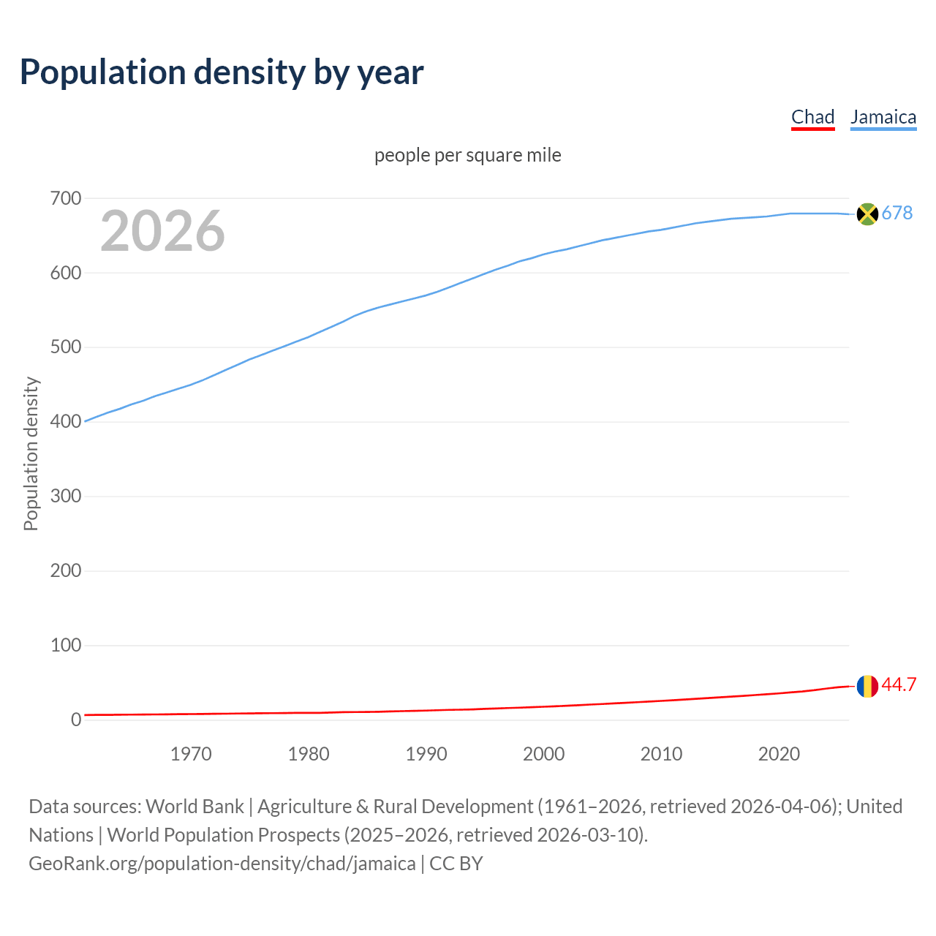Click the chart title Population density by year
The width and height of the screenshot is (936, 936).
tap(222, 72)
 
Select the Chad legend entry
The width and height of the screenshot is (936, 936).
tap(812, 117)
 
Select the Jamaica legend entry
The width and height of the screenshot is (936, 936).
tap(883, 117)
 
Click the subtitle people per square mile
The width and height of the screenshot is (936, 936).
tap(467, 155)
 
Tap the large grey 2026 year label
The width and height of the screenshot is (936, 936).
tap(162, 231)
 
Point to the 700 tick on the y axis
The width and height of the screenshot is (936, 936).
tap(65, 198)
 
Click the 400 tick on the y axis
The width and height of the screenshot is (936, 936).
tap(65, 422)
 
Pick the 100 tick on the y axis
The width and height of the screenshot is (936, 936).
tap(65, 645)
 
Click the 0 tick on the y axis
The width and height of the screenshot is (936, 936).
tap(75, 720)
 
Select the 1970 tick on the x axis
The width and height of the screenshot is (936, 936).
tap(191, 754)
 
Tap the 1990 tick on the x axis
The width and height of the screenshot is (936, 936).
tap(426, 754)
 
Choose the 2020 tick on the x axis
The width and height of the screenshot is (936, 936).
tap(779, 754)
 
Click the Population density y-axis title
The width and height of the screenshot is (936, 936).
tap(31, 453)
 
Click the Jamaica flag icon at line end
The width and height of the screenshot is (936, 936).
tap(867, 214)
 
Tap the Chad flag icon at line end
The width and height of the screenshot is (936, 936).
tap(867, 686)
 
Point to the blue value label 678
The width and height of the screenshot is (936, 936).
tap(897, 213)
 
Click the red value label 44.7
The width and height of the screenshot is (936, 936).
tap(899, 684)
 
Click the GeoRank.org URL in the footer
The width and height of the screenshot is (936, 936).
tap(222, 863)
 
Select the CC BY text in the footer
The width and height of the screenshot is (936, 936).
tap(456, 863)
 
